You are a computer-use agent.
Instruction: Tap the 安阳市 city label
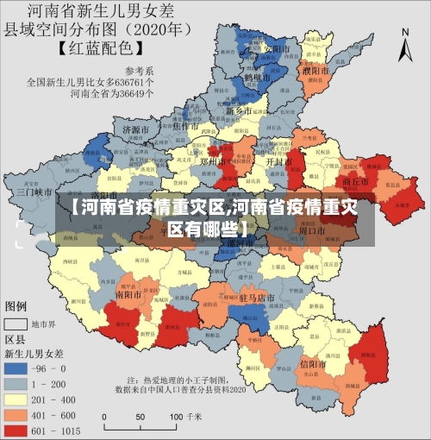278,49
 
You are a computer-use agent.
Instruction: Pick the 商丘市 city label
355,183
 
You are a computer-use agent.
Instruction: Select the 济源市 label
137,129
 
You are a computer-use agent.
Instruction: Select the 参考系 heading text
138,71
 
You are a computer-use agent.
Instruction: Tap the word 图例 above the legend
17,306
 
